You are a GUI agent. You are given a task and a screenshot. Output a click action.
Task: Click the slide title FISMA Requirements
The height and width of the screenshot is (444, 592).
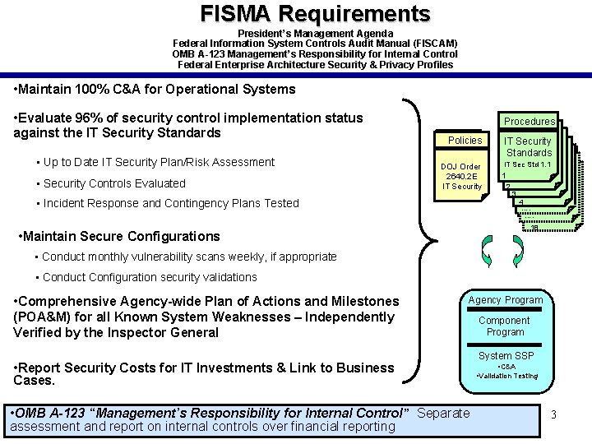[x=315, y=14]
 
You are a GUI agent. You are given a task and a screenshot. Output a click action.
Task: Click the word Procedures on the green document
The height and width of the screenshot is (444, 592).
[x=529, y=121]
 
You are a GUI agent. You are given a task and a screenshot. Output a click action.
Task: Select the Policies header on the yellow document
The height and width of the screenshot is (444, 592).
[x=465, y=140]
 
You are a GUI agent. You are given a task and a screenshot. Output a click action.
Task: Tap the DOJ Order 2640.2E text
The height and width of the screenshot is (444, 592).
[x=462, y=176]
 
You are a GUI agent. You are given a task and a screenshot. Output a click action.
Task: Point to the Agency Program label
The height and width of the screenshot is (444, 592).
[x=506, y=300]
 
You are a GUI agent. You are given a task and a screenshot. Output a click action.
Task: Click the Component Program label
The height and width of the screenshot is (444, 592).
[x=505, y=326]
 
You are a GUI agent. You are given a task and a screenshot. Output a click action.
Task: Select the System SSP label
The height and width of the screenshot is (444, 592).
[x=506, y=356]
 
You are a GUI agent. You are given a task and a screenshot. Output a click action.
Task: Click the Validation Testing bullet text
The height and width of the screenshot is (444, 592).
[x=508, y=376]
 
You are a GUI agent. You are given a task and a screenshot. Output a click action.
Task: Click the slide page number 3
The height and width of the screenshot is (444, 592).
[x=554, y=414]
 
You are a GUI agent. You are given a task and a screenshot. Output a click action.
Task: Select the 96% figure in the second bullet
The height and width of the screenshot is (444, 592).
[x=90, y=118]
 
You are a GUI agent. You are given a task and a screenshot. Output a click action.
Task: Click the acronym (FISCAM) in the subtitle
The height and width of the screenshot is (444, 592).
[x=428, y=43]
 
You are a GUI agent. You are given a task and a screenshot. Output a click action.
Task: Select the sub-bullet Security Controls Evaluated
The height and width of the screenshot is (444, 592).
[x=114, y=183]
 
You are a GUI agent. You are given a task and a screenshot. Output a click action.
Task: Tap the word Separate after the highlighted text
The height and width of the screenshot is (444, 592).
[x=443, y=413]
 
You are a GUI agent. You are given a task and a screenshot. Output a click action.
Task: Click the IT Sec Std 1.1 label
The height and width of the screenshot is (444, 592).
[x=528, y=164]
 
